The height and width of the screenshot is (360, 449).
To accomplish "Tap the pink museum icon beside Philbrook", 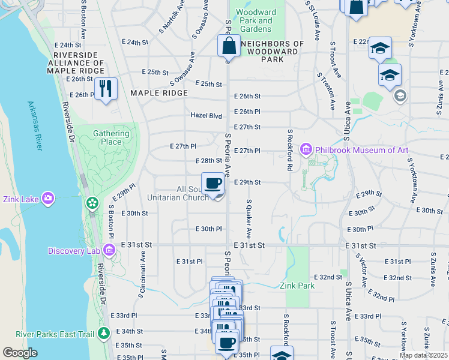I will (306, 148).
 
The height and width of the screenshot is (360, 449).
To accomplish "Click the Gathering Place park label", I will (111, 137).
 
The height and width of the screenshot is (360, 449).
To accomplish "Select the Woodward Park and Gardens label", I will (256, 20).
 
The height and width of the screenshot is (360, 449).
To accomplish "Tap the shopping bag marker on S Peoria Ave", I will (229, 45).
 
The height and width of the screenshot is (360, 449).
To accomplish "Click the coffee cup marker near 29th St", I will (213, 182).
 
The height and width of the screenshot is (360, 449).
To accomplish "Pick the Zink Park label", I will (297, 286).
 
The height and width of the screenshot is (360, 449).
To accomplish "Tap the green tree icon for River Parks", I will (104, 332).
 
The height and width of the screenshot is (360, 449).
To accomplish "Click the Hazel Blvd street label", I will (206, 115).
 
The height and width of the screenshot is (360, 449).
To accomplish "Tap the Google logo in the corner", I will (20, 353).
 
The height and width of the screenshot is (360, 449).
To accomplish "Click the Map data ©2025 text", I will (424, 355).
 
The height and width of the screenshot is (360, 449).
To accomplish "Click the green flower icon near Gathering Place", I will (92, 203).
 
